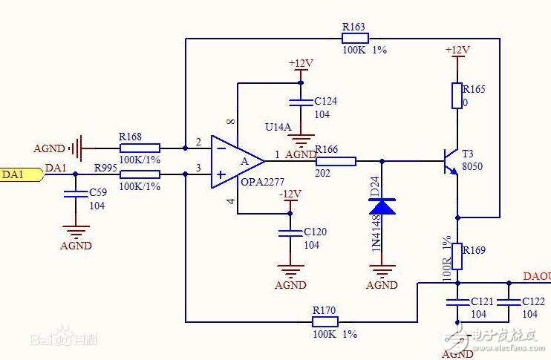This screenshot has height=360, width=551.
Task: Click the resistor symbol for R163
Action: (354, 38)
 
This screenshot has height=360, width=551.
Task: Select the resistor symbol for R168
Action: (139, 148)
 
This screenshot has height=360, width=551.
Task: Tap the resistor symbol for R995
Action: (139, 174)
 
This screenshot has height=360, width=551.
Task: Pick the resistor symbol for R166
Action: (336, 160)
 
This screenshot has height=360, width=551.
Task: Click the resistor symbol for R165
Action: (457, 95)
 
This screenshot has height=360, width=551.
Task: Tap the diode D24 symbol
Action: (382, 206)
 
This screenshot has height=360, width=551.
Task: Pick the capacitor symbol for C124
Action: (301, 101)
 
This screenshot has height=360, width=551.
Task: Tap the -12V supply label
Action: (290, 194)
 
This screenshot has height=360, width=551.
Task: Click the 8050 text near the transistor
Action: (472, 167)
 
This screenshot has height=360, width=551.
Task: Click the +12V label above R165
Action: (457, 50)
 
